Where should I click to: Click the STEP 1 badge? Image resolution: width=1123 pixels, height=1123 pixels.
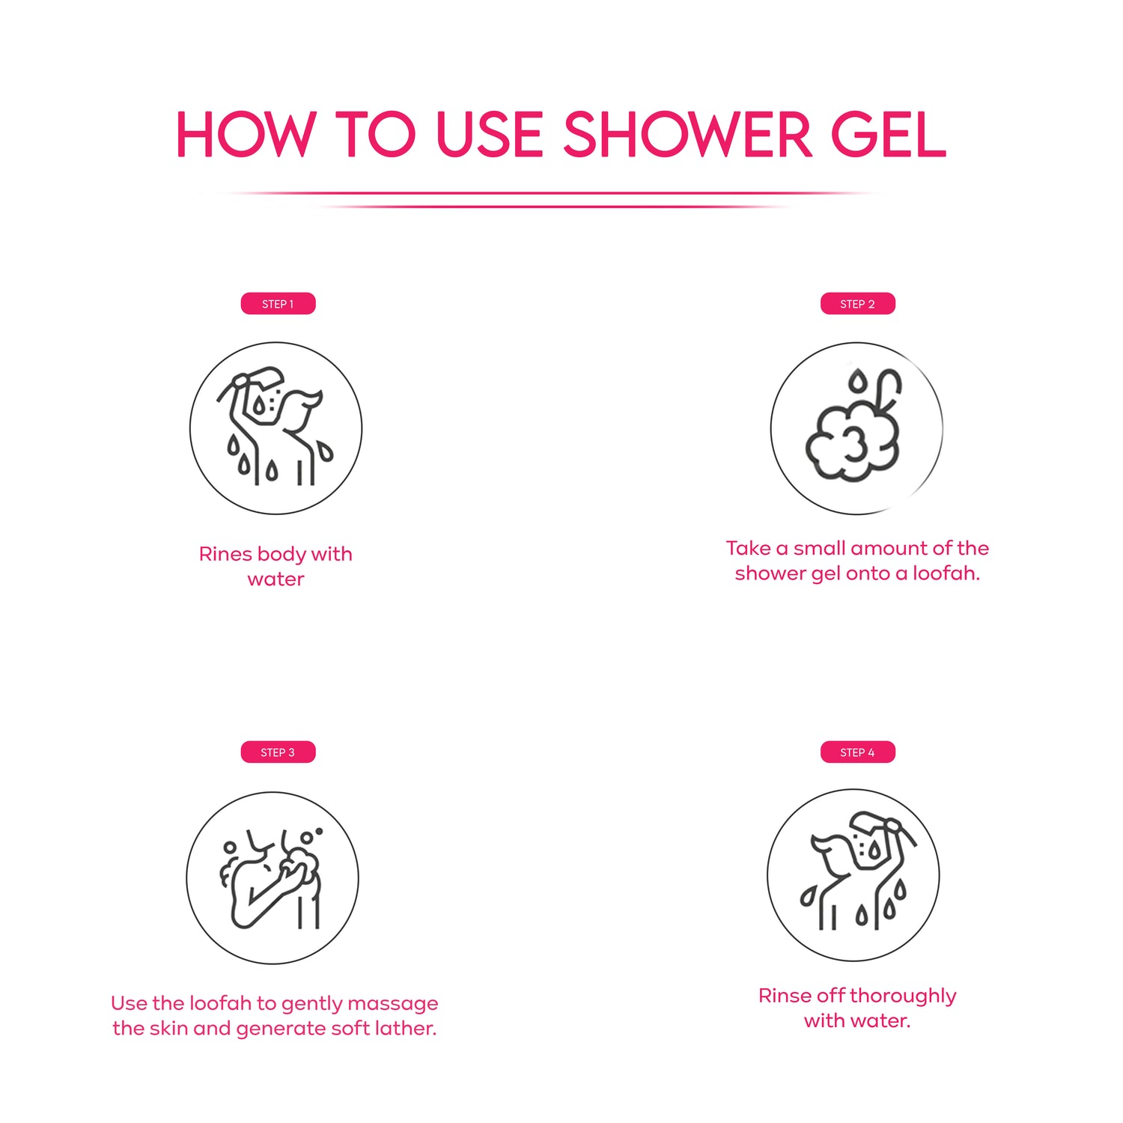click(278, 304)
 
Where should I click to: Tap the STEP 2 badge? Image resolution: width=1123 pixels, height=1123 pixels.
click(857, 304)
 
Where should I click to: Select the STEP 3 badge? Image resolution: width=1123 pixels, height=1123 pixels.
click(278, 752)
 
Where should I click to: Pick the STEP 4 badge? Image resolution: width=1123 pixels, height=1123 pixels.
click(857, 752)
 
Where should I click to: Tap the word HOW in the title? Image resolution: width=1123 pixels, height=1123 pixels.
click(246, 135)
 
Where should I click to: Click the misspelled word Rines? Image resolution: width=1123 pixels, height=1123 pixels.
click(225, 554)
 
